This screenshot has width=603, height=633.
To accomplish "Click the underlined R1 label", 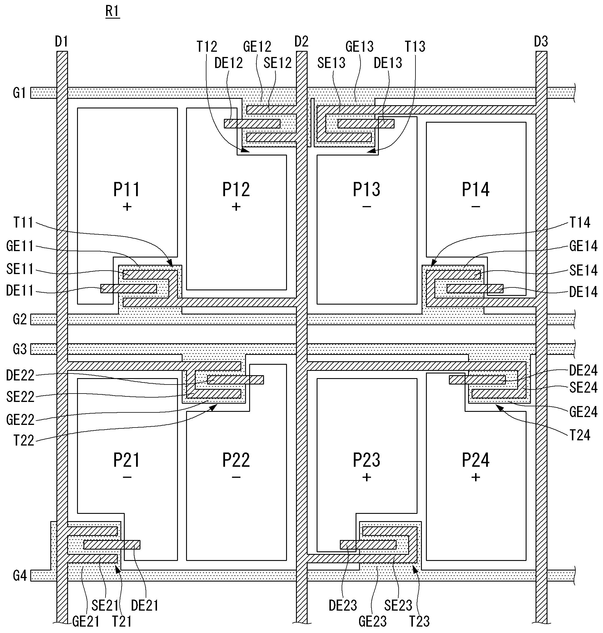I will (x=113, y=12).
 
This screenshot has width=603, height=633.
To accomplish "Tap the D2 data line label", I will (x=301, y=42).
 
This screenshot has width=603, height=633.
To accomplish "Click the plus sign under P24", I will (x=476, y=478).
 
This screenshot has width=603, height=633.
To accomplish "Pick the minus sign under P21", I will (x=127, y=478).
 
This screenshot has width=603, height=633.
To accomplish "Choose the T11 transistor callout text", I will (x=23, y=222).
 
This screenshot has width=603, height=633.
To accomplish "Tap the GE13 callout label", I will (x=359, y=47).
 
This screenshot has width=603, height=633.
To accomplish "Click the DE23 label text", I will (x=343, y=606).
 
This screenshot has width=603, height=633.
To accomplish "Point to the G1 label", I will (x=19, y=93).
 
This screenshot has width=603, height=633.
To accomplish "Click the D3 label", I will (x=541, y=42).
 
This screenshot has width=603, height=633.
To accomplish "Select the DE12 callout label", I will (x=229, y=63).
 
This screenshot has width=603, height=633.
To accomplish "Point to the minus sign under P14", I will (x=476, y=207).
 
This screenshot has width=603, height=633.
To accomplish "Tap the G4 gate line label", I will (x=19, y=576).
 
